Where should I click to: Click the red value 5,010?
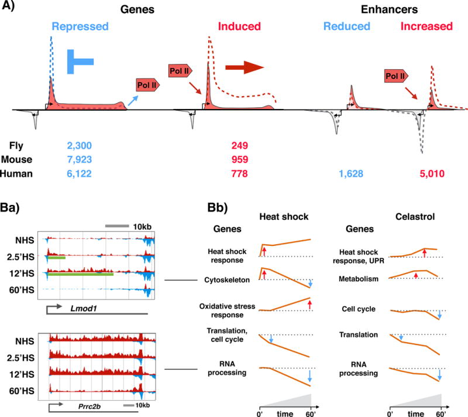tap(431, 173)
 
